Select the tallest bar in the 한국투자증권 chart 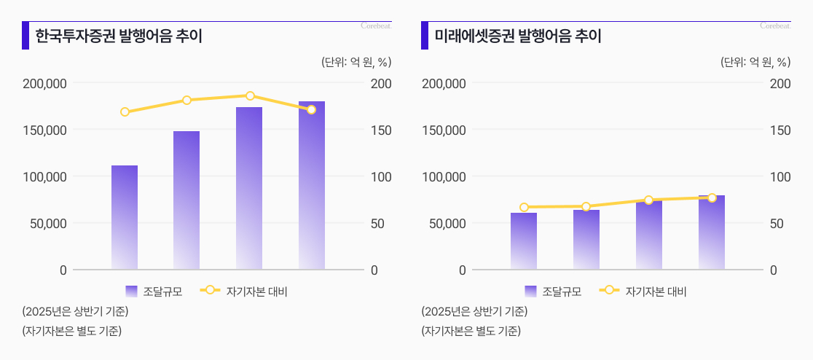(x=311, y=185)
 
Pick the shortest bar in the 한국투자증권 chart (x=125, y=217)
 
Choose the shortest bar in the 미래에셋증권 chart (x=524, y=240)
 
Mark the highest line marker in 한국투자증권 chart (x=250, y=96)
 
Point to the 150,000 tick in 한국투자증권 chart (x=45, y=130)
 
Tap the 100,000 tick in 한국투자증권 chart (x=45, y=176)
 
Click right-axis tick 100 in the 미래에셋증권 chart (x=781, y=176)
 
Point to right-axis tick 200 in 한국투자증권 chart (x=382, y=83)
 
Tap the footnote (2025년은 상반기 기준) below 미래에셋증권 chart (x=474, y=312)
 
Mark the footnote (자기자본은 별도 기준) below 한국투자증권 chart (x=71, y=331)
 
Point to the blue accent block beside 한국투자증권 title (x=25, y=36)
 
